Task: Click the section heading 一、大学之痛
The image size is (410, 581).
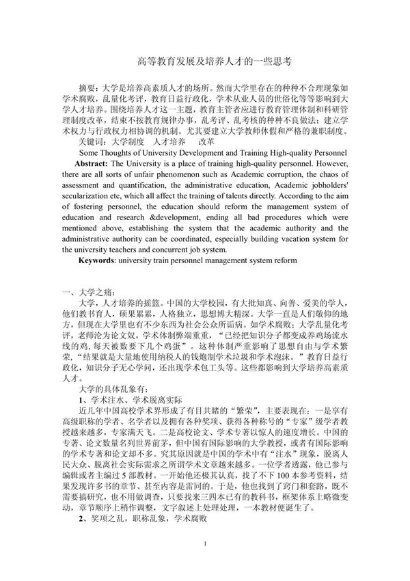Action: (x=83, y=294)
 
